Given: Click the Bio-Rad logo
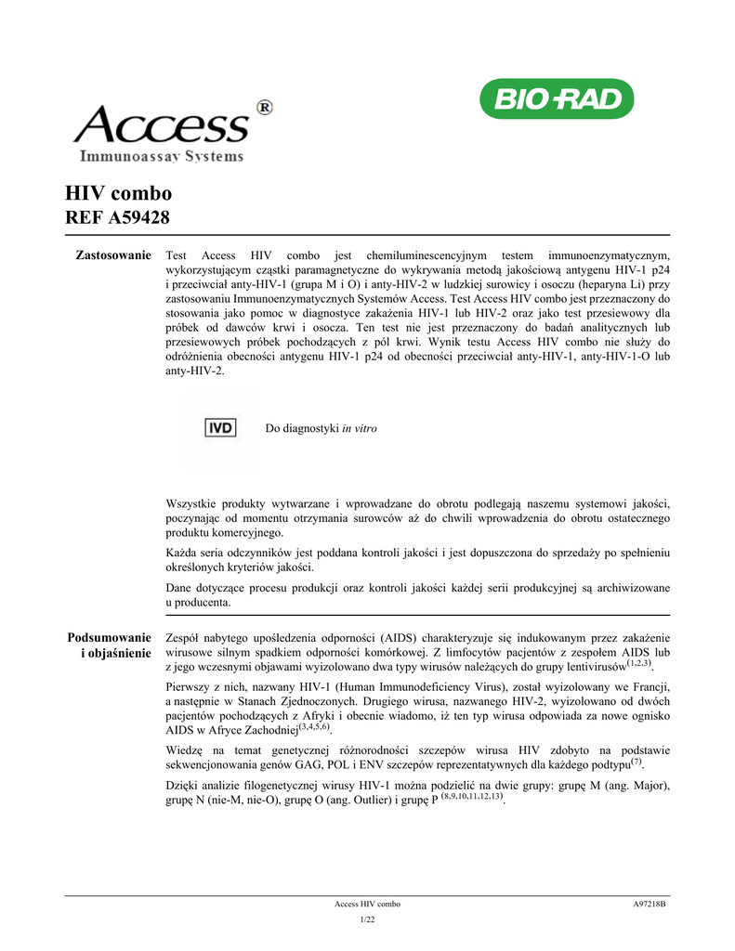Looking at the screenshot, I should click(x=556, y=99).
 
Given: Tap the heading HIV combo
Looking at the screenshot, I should click(x=118, y=193).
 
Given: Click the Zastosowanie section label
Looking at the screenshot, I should click(x=112, y=254).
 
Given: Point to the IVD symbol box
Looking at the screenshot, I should click(x=221, y=428).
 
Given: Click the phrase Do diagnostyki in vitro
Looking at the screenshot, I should click(x=322, y=429).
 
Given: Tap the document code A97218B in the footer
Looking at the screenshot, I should click(x=650, y=904).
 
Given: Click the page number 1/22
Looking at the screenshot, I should click(x=367, y=919).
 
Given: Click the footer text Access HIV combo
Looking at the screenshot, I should click(x=367, y=904).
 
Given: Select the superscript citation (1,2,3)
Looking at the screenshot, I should click(x=639, y=664).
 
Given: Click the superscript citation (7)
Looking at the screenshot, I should click(x=637, y=762).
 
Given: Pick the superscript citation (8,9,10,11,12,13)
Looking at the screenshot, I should click(x=472, y=797).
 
